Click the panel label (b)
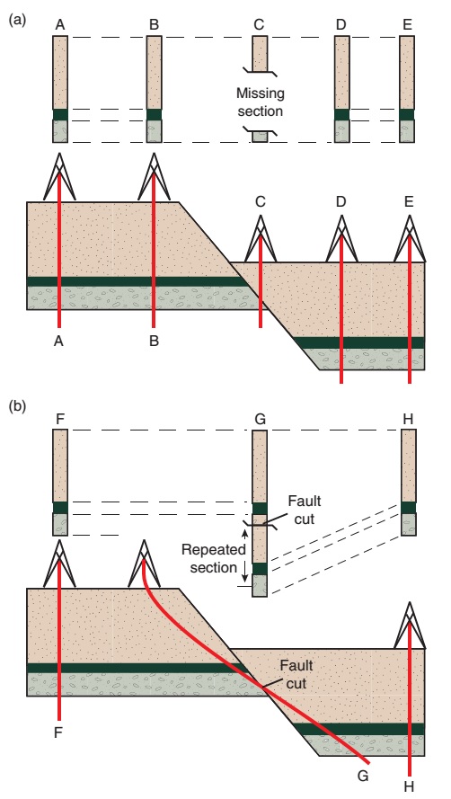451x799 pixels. pyautogui.click(x=15, y=407)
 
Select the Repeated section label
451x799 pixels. pyautogui.click(x=210, y=557)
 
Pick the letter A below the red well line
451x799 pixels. pyautogui.click(x=59, y=342)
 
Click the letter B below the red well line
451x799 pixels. pyautogui.click(x=155, y=342)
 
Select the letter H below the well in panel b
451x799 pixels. pyautogui.click(x=410, y=787)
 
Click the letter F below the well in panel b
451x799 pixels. pyautogui.click(x=59, y=732)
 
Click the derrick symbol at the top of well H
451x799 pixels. pyautogui.click(x=409, y=625)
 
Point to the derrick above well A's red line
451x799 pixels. pyautogui.click(x=59, y=177)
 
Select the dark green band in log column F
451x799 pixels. pyautogui.click(x=60, y=508)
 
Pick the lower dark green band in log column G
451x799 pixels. pyautogui.click(x=260, y=569)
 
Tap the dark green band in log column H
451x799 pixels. pyautogui.click(x=409, y=508)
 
